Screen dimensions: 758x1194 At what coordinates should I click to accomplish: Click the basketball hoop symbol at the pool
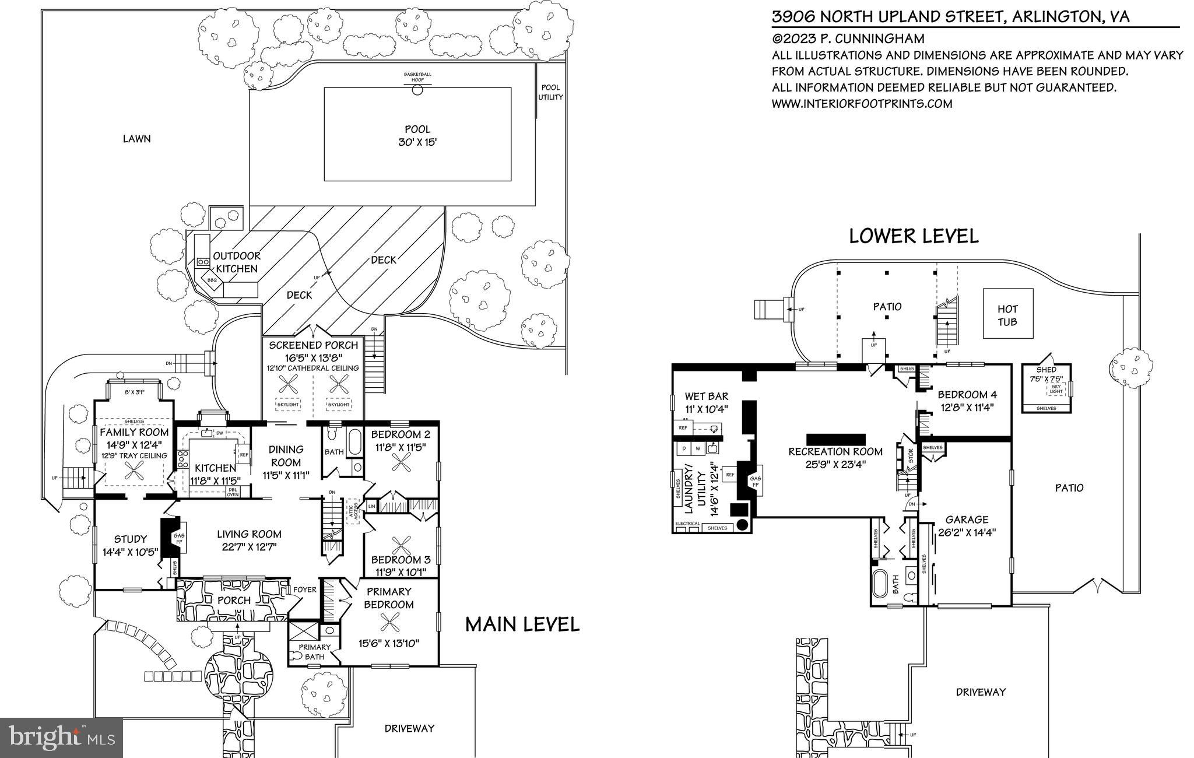[417, 90]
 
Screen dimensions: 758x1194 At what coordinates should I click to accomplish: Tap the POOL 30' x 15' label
[417, 136]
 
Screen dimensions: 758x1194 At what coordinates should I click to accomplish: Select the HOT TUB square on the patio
[1007, 314]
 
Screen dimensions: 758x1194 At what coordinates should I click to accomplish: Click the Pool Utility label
[550, 92]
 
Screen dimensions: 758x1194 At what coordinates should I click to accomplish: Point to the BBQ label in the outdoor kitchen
[212, 280]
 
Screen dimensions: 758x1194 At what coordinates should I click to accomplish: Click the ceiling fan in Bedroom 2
[401, 462]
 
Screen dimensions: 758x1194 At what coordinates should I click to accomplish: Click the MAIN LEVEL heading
[522, 624]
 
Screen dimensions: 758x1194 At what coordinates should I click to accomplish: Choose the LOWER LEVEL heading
[913, 236]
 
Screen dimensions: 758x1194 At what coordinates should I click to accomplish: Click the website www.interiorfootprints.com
[862, 104]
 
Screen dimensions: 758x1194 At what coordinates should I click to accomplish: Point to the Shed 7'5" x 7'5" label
[1046, 374]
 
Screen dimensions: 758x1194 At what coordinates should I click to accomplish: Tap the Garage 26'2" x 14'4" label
[967, 525]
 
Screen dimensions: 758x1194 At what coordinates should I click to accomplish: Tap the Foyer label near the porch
[304, 589]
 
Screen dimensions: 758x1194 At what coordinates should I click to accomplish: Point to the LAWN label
[136, 139]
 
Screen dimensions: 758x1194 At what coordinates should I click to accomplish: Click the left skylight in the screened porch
[287, 404]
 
